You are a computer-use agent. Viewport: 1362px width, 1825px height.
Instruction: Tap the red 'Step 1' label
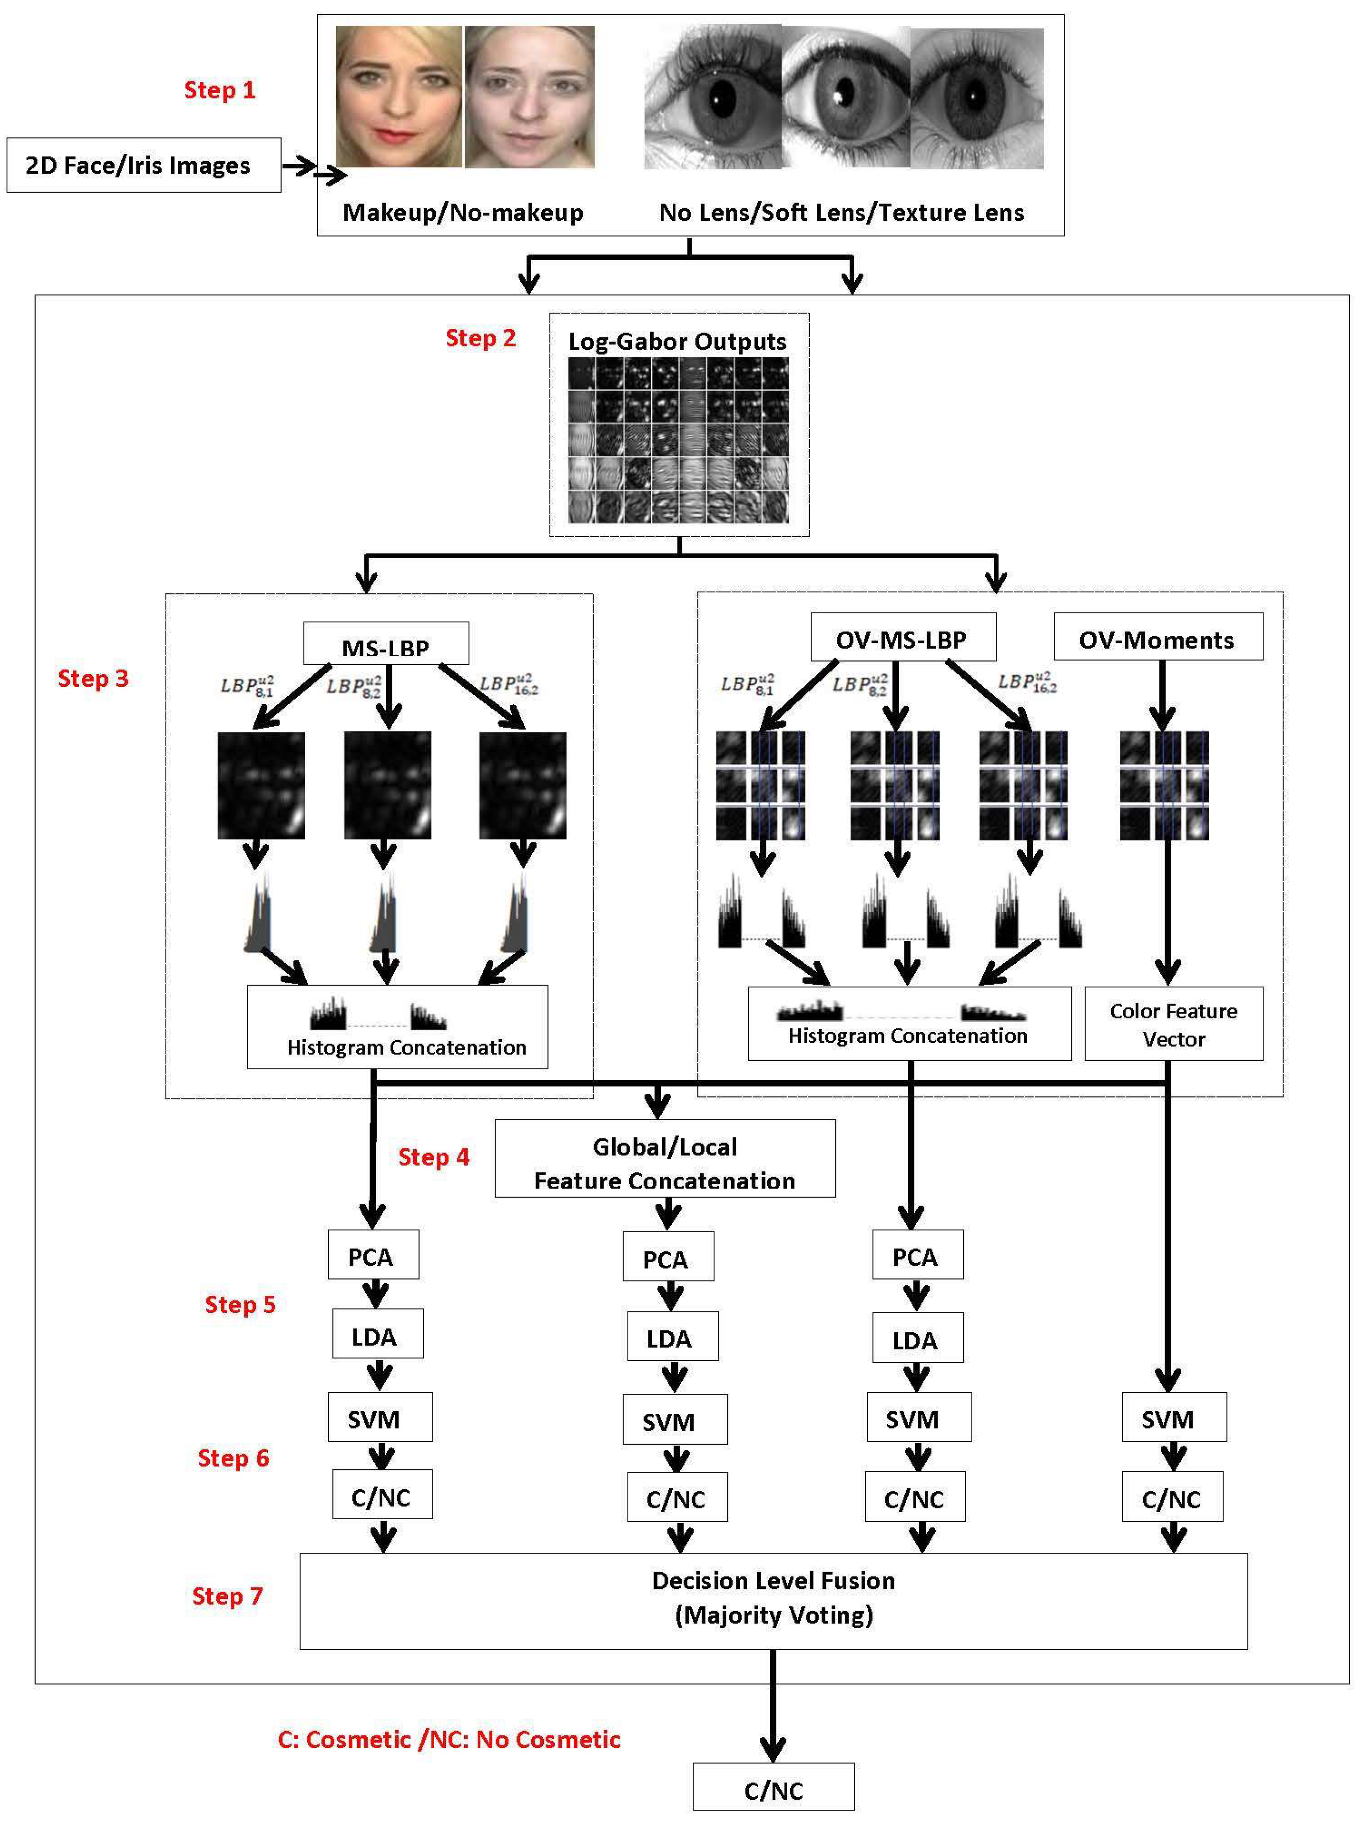click(x=219, y=90)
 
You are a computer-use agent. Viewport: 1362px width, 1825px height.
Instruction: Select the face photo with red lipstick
click(x=399, y=97)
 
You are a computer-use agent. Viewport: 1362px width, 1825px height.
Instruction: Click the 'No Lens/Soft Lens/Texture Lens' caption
click(x=841, y=213)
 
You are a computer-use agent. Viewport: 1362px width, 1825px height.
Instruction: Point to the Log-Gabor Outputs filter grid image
click(x=678, y=439)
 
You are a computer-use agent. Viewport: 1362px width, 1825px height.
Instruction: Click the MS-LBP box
click(x=386, y=644)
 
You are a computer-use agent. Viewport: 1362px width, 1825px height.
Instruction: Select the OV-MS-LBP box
click(x=902, y=638)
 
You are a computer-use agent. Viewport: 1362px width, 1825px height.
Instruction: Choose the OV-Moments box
click(x=1157, y=638)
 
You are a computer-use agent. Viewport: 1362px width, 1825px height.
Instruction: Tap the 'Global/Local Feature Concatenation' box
click(x=664, y=1159)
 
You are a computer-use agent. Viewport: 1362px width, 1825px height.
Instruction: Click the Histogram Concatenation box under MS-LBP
click(x=398, y=1027)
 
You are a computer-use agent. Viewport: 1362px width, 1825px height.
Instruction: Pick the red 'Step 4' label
click(x=434, y=1157)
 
